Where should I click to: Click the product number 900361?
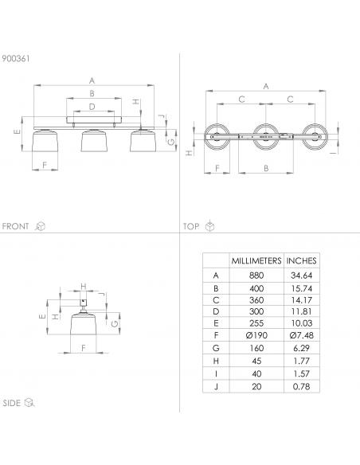tap(16, 58)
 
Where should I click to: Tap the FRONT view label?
tap(15, 226)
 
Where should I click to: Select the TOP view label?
tap(191, 227)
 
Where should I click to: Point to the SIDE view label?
tap(12, 403)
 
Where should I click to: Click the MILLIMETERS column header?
tap(256, 260)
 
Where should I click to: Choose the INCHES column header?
tap(301, 260)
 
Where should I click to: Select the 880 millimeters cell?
tap(256, 275)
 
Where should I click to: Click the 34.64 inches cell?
tap(302, 275)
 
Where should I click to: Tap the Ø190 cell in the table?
tap(256, 335)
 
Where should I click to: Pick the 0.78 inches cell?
tap(302, 386)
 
